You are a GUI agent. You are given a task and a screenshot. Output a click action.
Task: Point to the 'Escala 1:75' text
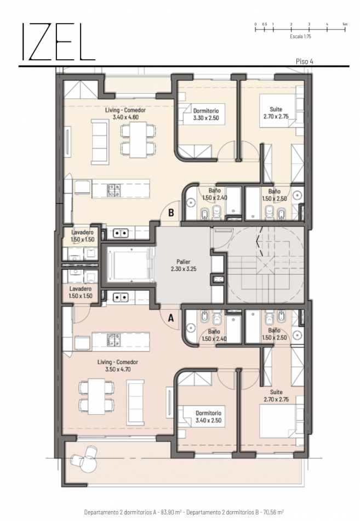click(x=300, y=36)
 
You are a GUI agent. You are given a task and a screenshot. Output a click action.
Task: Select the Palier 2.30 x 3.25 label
click(x=183, y=266)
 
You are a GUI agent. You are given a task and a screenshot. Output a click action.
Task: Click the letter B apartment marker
click(x=172, y=214)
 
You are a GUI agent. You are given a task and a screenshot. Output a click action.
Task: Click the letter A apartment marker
click(x=170, y=317)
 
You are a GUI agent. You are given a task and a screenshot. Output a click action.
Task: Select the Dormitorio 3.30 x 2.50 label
click(x=206, y=114)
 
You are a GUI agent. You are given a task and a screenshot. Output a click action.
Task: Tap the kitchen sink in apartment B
click(x=121, y=233)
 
